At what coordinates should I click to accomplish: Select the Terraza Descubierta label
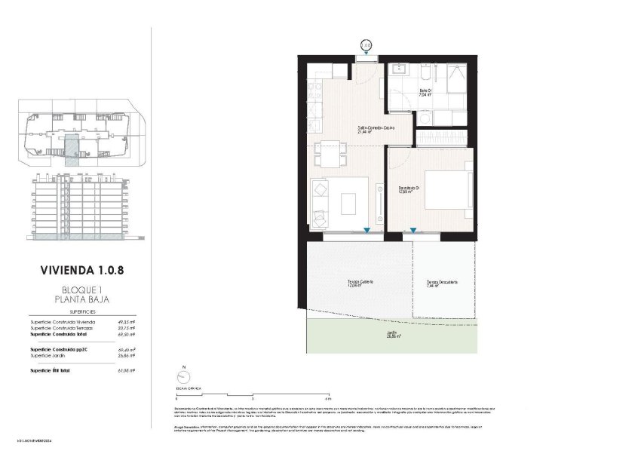click(x=441, y=283)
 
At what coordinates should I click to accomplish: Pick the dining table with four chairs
click(x=329, y=154)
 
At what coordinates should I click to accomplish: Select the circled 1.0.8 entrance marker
click(x=367, y=45)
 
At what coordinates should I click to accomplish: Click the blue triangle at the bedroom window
click(x=413, y=231)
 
